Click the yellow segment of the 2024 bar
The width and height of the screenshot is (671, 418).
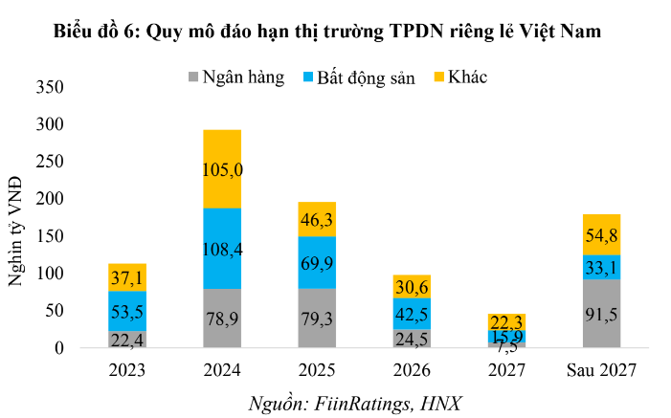pos(221,168)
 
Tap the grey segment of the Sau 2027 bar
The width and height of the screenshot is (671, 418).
pos(600,314)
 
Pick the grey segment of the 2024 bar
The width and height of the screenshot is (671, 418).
pos(221,319)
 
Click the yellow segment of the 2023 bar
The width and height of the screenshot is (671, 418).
pos(126,277)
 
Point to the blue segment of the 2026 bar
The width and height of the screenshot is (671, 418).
pos(411,314)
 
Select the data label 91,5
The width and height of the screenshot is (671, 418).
pos(600,318)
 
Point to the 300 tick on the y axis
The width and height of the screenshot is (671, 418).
pos(51,124)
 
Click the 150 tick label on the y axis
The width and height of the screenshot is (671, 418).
pos(51,236)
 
